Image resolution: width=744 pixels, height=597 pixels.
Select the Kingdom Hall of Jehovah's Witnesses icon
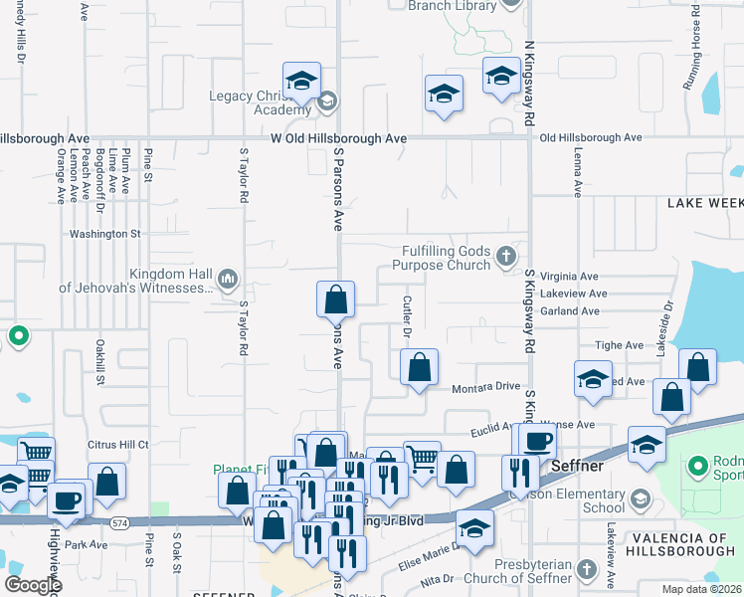[x=227, y=278]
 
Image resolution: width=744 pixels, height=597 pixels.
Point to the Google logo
[x=33, y=585]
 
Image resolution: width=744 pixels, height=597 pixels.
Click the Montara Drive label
[x=487, y=388]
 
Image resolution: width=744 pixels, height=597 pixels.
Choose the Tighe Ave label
[x=619, y=345]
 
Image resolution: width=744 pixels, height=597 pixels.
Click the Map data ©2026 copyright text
[x=700, y=588]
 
